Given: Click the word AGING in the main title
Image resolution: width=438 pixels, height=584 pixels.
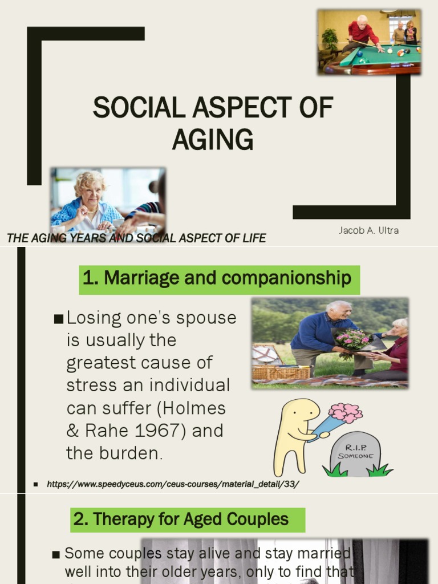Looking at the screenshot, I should pyautogui.click(x=213, y=139).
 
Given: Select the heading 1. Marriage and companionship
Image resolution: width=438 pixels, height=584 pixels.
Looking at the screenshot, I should pyautogui.click(x=217, y=278).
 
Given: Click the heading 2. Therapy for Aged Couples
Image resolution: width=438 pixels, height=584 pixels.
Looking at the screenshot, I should pyautogui.click(x=181, y=520).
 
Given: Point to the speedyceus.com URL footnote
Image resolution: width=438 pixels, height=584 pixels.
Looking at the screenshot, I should pyautogui.click(x=173, y=484).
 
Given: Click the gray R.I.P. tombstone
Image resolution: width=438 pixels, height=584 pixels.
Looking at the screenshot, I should pyautogui.click(x=355, y=454).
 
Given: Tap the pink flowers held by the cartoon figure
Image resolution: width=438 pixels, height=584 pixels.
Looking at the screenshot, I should pyautogui.click(x=346, y=412).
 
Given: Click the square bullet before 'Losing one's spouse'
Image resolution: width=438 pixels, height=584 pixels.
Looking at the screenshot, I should pyautogui.click(x=58, y=319).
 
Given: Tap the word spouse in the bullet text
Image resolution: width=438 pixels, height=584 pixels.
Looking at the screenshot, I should pyautogui.click(x=206, y=318).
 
